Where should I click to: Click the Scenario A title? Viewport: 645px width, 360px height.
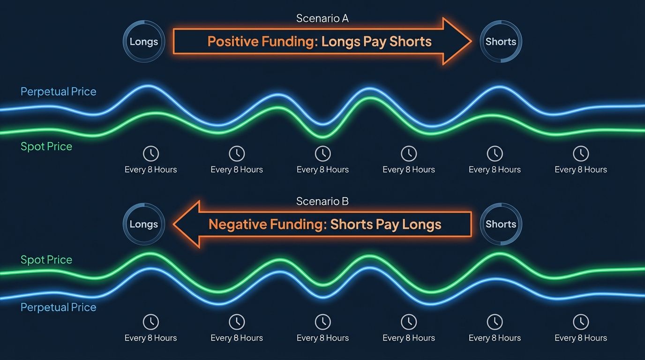(x=322, y=19)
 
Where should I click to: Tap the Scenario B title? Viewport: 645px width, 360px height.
(x=322, y=202)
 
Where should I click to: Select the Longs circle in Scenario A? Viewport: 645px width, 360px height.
(x=144, y=42)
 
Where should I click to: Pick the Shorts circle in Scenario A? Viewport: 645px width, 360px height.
(x=501, y=42)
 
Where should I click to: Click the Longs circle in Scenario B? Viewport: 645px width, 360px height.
(x=144, y=224)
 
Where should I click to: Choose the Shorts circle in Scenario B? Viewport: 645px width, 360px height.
(x=501, y=224)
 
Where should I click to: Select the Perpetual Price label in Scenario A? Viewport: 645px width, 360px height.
(x=58, y=91)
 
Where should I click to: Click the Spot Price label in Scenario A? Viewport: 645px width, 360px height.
(x=46, y=146)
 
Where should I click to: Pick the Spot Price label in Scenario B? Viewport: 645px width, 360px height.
(x=46, y=260)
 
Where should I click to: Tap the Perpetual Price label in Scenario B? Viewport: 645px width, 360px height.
(x=58, y=307)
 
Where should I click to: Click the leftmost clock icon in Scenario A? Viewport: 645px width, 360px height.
(x=150, y=153)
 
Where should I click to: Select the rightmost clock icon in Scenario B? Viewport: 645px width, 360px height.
(x=581, y=322)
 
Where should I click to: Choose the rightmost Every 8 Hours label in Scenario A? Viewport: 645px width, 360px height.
(x=581, y=170)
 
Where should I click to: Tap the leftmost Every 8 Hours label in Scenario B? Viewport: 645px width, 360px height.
(x=150, y=338)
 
